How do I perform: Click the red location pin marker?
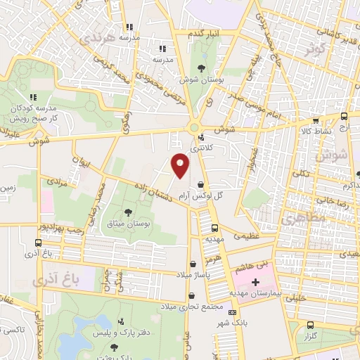click(181, 165)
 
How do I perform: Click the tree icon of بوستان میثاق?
click(127, 212)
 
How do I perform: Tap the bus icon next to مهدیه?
click(214, 229)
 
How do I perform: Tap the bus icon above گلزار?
click(310, 326)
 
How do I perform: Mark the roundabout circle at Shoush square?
click(193, 127)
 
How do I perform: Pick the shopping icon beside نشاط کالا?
click(315, 120)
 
